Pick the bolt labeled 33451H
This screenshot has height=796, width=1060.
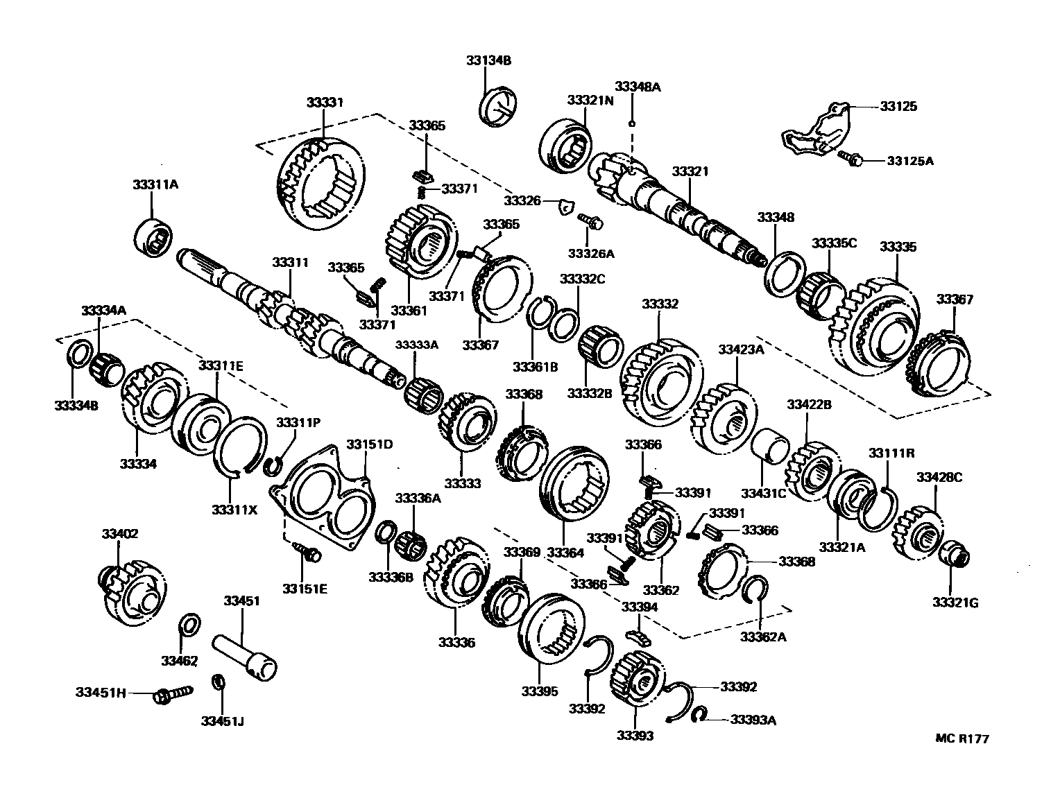point(170,693)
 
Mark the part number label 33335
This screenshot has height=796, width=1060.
point(898,247)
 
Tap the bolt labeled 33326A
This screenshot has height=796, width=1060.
point(592,221)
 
